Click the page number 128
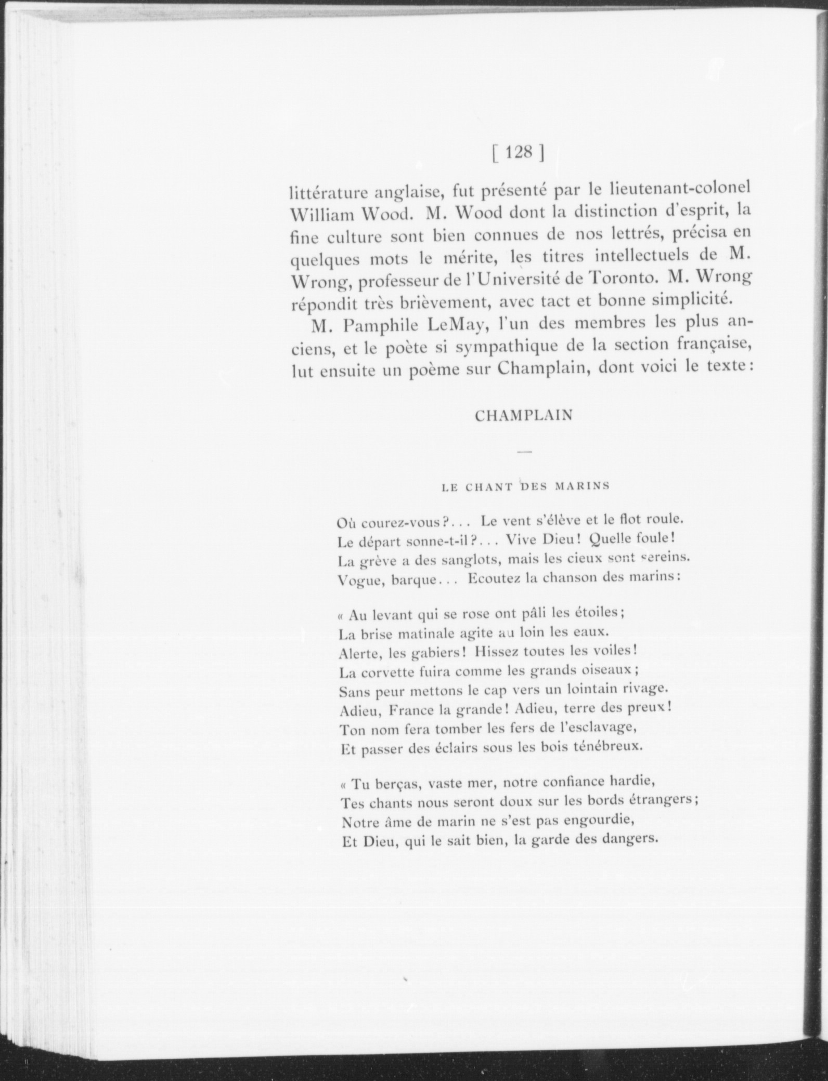pos(517,152)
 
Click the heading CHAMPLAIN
pos(524,416)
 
